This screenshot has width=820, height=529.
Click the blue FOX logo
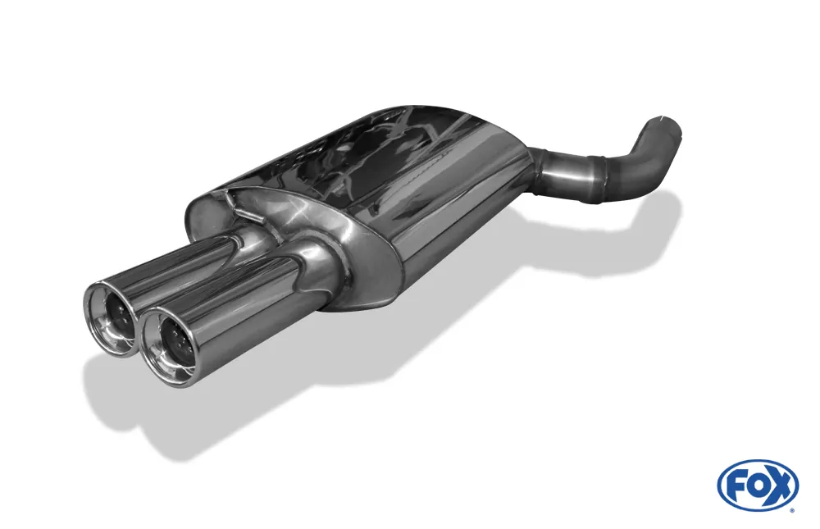[x=758, y=486]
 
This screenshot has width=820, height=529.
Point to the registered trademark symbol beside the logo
[x=791, y=510]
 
